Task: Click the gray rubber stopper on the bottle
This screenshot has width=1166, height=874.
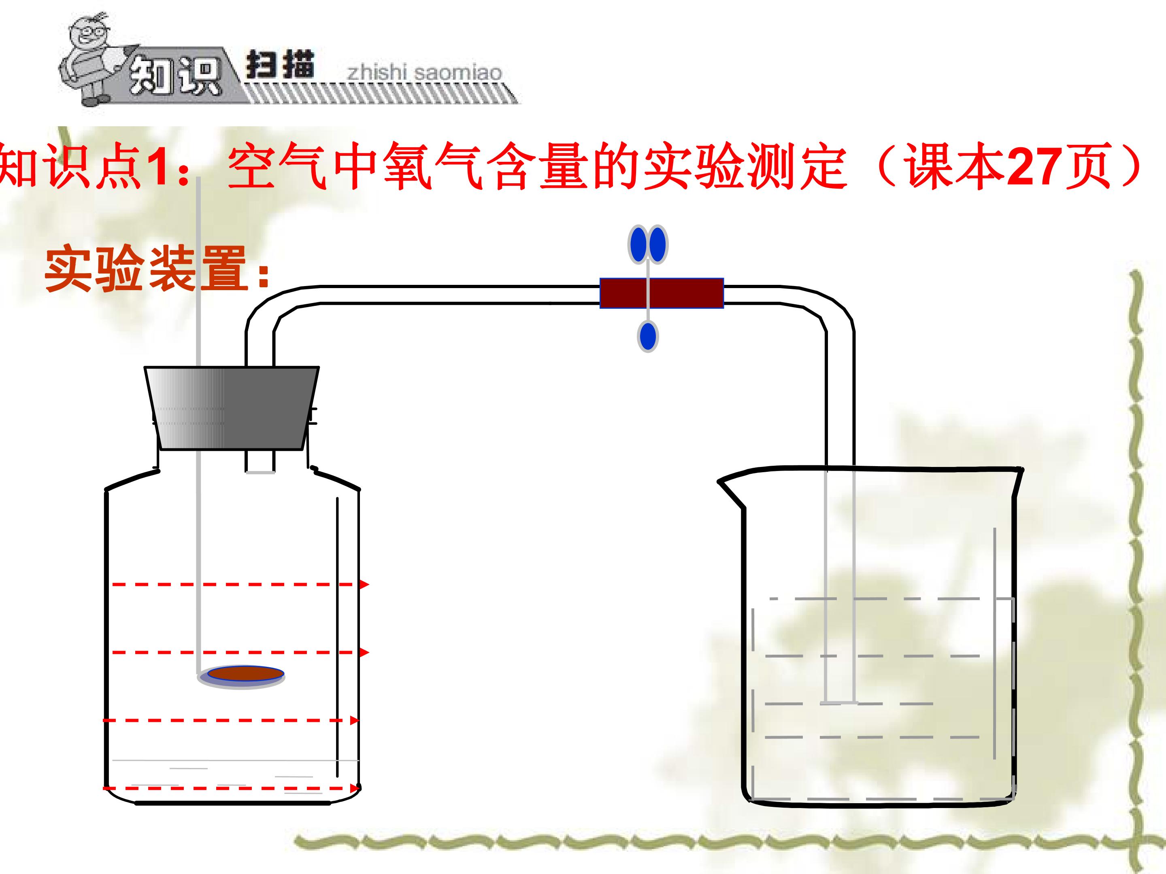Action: point(232,408)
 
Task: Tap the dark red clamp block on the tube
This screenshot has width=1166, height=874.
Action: point(662,293)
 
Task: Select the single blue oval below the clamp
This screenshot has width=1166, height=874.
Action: point(648,337)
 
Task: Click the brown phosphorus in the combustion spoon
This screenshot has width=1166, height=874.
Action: point(246,673)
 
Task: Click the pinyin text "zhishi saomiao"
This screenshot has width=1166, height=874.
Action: point(424,72)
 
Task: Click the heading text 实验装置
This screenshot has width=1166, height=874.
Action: point(146,269)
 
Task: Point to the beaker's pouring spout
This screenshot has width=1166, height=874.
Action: point(730,490)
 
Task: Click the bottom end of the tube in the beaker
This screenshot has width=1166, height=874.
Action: point(839,702)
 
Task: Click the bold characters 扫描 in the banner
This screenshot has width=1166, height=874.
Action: point(280,65)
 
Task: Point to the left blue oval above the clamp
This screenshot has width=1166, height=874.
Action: point(638,244)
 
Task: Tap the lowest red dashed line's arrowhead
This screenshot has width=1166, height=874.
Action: point(354,788)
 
